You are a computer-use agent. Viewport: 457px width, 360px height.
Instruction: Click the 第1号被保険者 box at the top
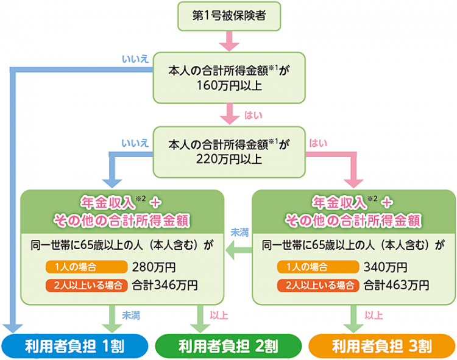(228, 16)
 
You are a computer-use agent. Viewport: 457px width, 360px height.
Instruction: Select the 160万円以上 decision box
(228, 77)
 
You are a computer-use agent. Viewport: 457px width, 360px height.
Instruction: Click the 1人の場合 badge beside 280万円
(86, 267)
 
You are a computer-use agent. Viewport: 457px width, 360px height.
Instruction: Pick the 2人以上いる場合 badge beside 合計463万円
(317, 284)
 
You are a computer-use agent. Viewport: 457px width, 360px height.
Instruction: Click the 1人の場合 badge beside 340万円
(317, 267)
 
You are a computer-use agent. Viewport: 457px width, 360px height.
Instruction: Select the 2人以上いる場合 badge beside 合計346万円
(86, 284)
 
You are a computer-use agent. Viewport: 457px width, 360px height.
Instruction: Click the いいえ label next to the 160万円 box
(135, 60)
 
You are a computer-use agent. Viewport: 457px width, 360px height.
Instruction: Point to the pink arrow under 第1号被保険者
(228, 41)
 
